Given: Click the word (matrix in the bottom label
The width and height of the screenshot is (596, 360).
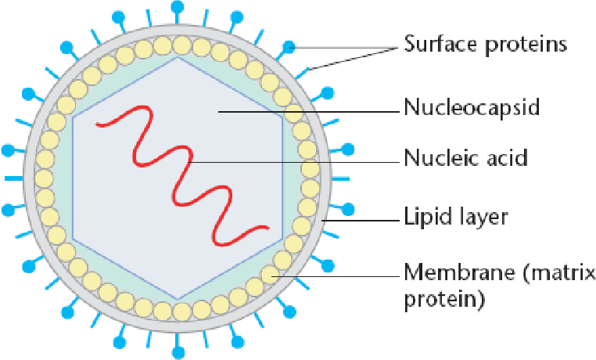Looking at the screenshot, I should [557, 273].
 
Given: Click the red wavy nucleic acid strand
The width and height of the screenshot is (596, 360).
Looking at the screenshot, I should [179, 164].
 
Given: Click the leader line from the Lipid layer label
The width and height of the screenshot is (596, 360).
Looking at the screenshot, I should [360, 220].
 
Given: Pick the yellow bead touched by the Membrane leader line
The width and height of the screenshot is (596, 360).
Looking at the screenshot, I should [271, 275].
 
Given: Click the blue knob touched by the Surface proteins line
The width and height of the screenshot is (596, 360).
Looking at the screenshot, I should [290, 47].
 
